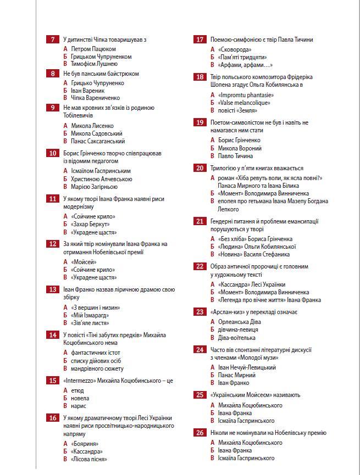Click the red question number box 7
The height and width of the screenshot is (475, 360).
pyautogui.click(x=53, y=40)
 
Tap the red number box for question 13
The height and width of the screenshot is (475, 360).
pyautogui.click(x=53, y=289)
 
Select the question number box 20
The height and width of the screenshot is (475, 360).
pyautogui.click(x=200, y=168)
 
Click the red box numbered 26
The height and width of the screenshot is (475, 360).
pyautogui.click(x=200, y=433)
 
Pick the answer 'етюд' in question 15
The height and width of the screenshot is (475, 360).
pyautogui.click(x=77, y=390)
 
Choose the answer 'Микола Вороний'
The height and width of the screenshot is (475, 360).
pyautogui.click(x=240, y=148)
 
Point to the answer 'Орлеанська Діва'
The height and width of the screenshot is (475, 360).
pyautogui.click(x=240, y=322)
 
